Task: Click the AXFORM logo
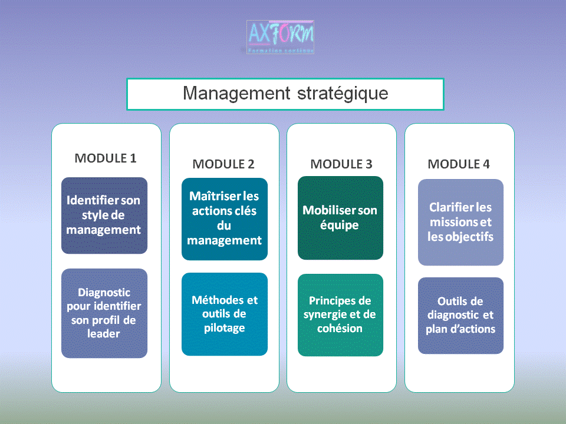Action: (x=280, y=37)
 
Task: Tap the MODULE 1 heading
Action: (x=106, y=158)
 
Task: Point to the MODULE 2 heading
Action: (x=223, y=164)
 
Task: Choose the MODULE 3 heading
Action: (x=341, y=164)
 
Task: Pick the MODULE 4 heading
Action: (x=459, y=164)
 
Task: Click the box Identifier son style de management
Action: (x=104, y=215)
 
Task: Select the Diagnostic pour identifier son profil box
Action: (x=104, y=313)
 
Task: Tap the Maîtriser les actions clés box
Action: (x=224, y=218)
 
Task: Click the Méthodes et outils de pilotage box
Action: (x=224, y=314)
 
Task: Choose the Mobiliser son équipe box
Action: (x=340, y=218)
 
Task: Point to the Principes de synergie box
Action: (x=340, y=314)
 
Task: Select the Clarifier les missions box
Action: (x=460, y=222)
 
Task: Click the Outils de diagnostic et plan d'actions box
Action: (x=460, y=316)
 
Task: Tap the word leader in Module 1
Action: (x=104, y=334)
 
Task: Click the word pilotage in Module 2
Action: (x=224, y=328)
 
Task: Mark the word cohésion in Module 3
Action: (x=340, y=329)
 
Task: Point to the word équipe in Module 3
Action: (x=340, y=225)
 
